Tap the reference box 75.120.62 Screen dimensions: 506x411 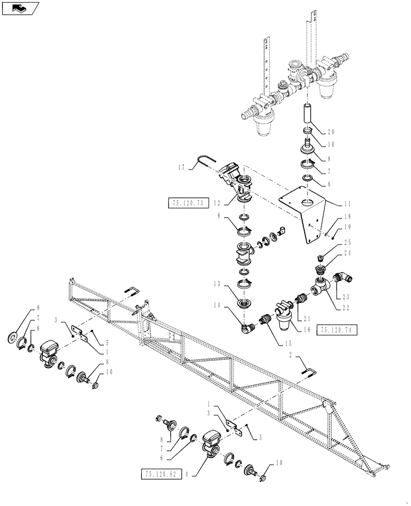point(160,474)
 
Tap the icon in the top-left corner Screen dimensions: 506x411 point(20,9)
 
